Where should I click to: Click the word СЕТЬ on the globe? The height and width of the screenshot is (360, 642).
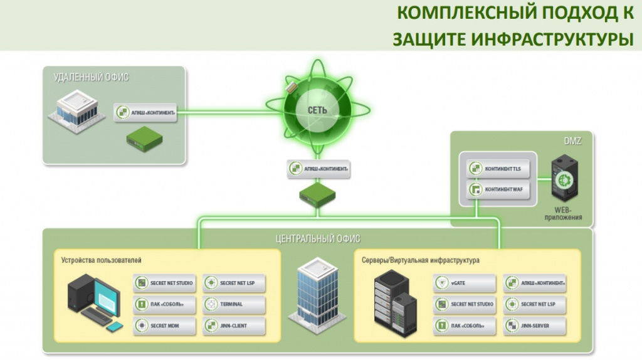(317, 110)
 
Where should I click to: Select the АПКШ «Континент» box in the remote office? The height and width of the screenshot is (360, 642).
(145, 112)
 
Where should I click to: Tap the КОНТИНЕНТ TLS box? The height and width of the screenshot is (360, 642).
(498, 169)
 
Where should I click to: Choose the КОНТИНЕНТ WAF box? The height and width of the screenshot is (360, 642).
(498, 189)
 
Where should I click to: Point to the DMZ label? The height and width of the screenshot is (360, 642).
(572, 141)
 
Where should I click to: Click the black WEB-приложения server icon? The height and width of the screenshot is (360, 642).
(564, 178)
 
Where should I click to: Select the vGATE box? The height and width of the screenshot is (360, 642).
(465, 283)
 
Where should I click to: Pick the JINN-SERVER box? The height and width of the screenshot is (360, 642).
(535, 326)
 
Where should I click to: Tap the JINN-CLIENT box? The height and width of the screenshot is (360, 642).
(234, 326)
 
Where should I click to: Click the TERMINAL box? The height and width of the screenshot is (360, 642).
(234, 304)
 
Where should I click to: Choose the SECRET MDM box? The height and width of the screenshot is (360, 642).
(164, 326)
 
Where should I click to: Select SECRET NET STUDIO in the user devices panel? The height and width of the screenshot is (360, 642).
(164, 283)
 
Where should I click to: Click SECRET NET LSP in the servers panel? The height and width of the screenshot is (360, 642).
(535, 304)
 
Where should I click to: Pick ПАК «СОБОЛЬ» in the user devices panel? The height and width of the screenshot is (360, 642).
(164, 304)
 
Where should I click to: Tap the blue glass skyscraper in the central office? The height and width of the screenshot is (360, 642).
(317, 290)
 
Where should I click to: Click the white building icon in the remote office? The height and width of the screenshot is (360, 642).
(76, 110)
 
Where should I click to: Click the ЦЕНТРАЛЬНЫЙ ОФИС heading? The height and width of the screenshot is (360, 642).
(318, 238)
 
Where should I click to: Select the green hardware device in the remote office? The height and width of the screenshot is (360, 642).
(144, 139)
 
